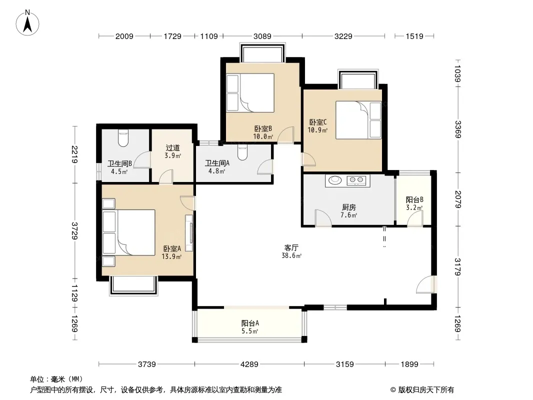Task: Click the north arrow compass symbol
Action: point(27,23)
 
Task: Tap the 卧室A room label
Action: point(172,249)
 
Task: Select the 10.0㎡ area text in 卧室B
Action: point(263,136)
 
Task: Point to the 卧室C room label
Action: point(318,122)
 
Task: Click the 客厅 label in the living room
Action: point(291,247)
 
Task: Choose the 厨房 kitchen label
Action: point(349,207)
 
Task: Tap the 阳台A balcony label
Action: point(250,323)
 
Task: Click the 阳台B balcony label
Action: point(414,200)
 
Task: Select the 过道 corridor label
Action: point(172,148)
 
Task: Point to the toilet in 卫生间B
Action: point(123,138)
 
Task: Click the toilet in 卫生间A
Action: point(242,152)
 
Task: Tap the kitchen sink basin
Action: point(335,180)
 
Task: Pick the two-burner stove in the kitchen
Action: point(356,180)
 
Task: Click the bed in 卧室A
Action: point(129,232)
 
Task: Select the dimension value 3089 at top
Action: point(262,36)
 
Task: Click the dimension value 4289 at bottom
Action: point(249,364)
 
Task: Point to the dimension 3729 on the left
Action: point(74,231)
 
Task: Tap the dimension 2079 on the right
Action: point(458,199)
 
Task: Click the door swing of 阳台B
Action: point(415,218)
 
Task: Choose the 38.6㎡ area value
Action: point(291,255)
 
